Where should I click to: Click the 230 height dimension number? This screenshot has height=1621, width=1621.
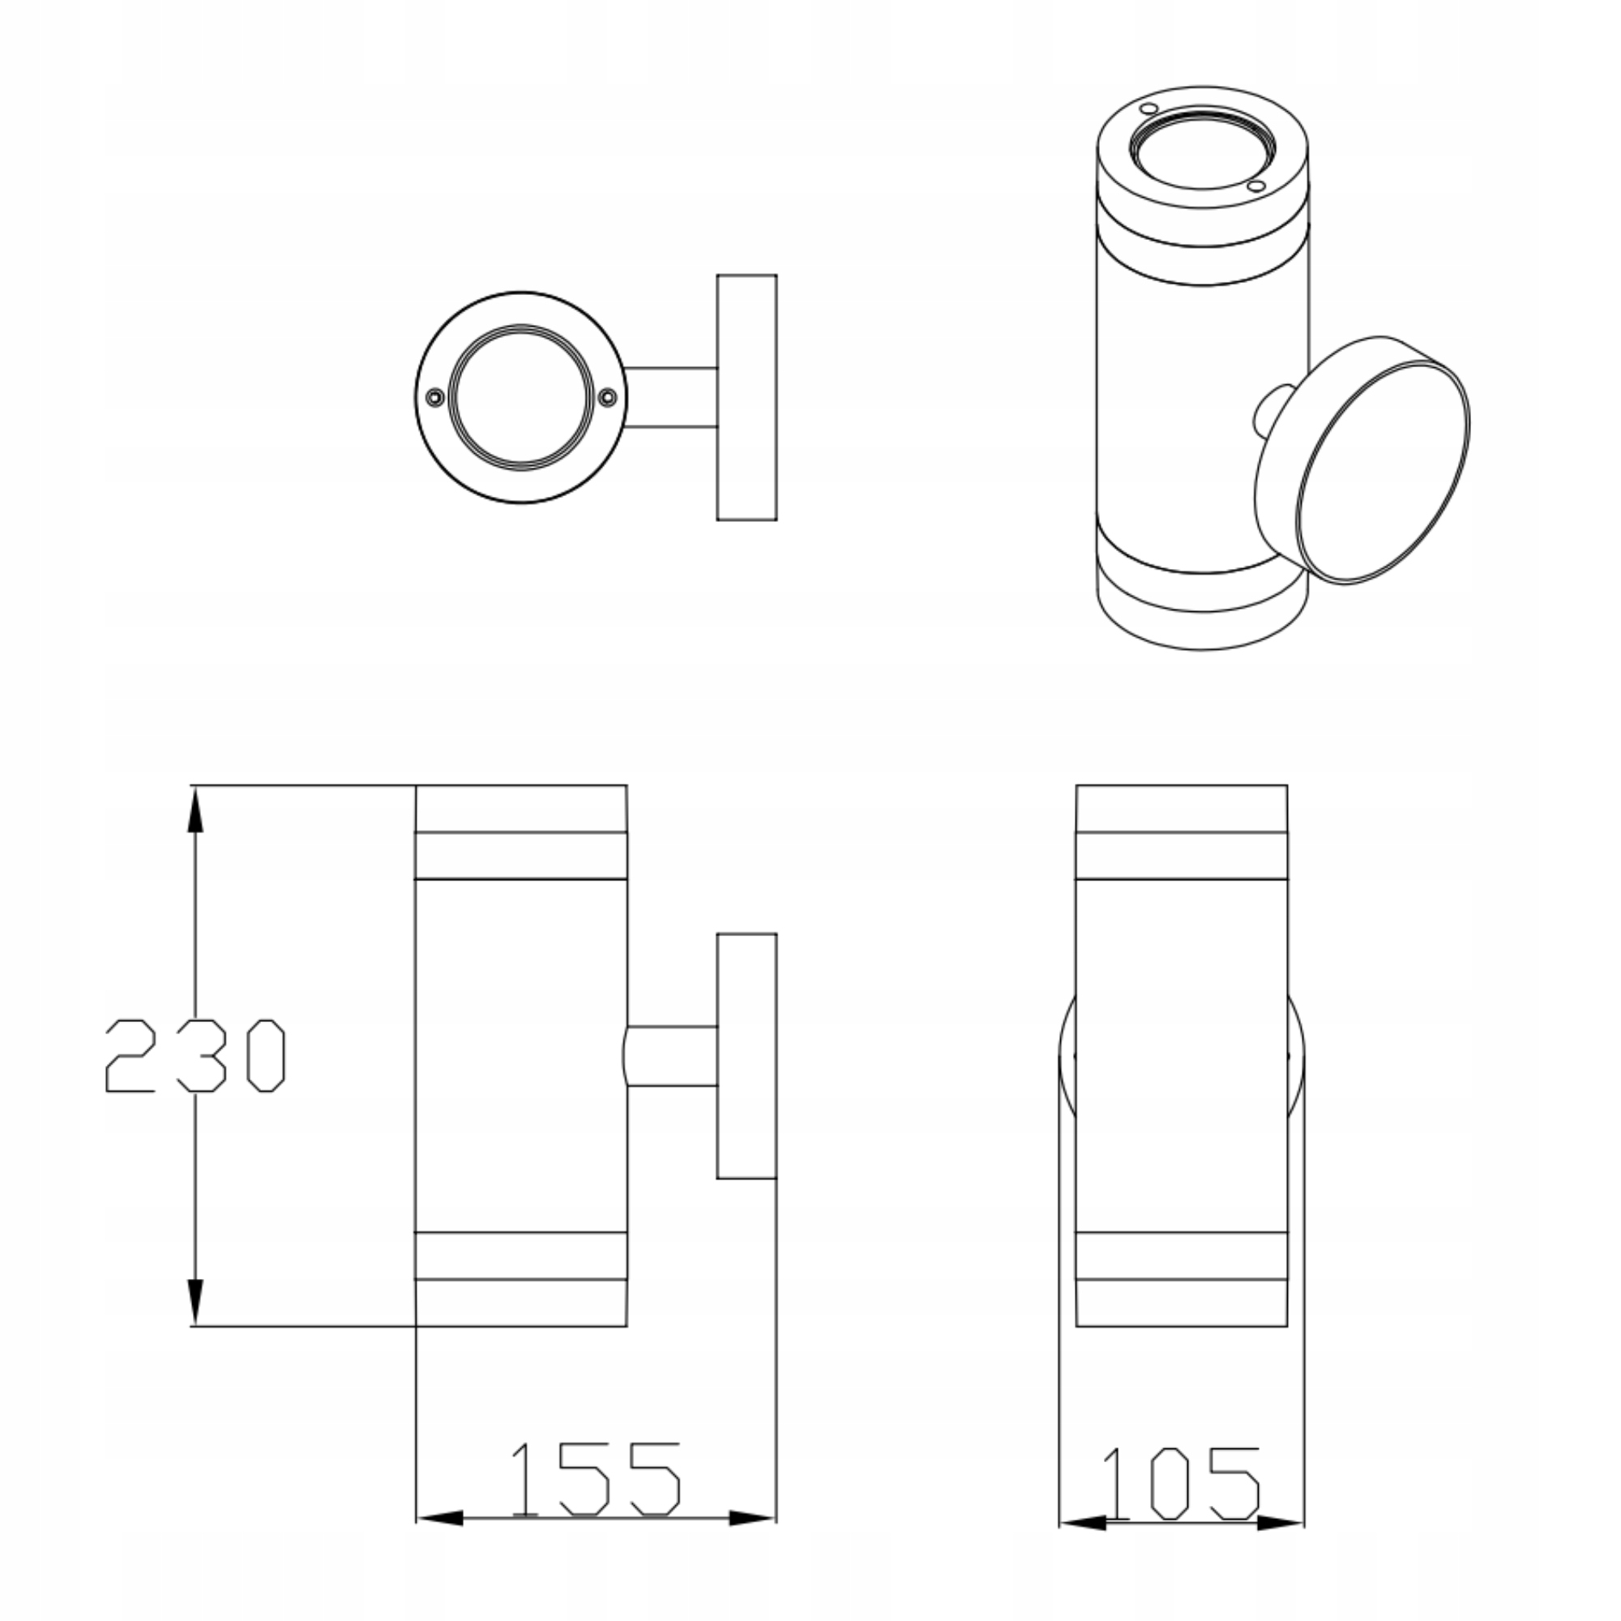click(x=195, y=1055)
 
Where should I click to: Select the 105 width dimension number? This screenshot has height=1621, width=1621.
click(x=1183, y=1484)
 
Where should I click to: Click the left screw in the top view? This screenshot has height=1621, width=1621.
click(x=434, y=398)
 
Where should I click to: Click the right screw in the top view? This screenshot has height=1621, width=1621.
click(x=607, y=398)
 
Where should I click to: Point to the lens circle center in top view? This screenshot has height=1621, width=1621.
click(x=521, y=397)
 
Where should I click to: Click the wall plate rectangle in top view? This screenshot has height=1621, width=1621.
click(x=746, y=398)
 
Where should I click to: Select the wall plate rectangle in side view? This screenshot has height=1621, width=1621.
click(x=746, y=1056)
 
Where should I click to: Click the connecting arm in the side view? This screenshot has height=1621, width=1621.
click(x=671, y=1056)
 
